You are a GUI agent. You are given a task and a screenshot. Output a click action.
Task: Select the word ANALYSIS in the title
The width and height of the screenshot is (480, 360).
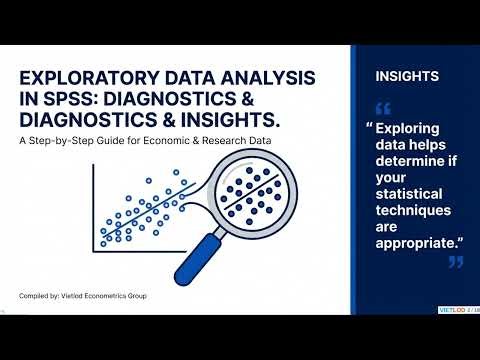point(261,78)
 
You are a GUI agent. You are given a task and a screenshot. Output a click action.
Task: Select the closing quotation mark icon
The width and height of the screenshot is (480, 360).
point(456,262)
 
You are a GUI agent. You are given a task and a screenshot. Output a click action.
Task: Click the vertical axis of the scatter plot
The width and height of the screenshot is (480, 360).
point(94,206)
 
